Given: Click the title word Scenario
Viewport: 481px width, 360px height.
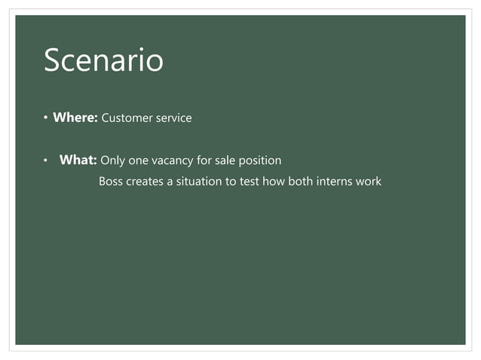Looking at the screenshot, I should point(103,61).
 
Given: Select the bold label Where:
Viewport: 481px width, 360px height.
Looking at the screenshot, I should point(75,117).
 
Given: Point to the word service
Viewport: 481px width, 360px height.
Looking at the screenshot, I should point(173,118).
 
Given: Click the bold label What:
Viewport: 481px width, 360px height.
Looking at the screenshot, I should point(78,160).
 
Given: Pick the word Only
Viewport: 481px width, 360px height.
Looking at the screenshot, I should point(112,160).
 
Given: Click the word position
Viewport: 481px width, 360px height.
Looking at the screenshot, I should point(261,160).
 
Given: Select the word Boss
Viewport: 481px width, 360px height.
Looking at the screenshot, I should point(112,182).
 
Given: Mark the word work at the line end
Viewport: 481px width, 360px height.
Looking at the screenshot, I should point(369,182).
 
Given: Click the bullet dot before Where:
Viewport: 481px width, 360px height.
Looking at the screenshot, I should point(44,118).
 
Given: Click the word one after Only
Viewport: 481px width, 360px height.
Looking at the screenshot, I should point(138,160).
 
